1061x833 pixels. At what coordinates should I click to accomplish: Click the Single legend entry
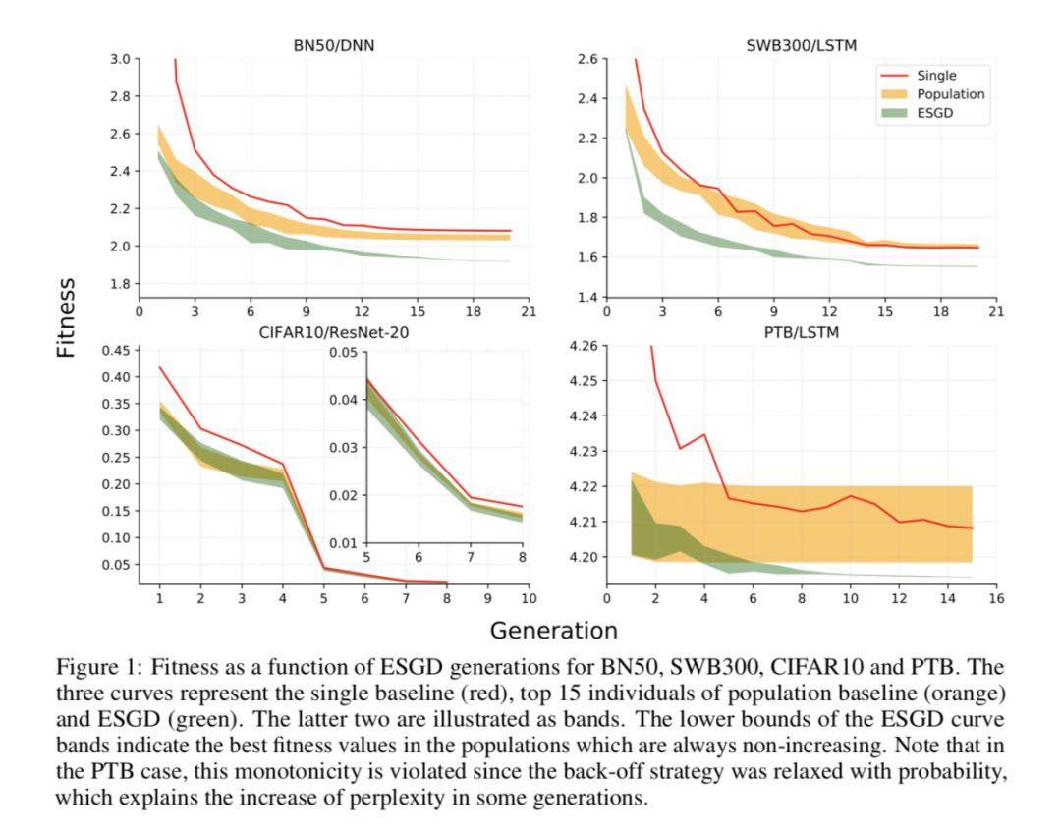click(x=935, y=75)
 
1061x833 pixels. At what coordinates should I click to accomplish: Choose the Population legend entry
click(x=950, y=94)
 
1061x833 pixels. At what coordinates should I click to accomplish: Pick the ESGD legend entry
click(x=935, y=114)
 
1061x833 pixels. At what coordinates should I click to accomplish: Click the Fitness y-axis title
click(x=67, y=317)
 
